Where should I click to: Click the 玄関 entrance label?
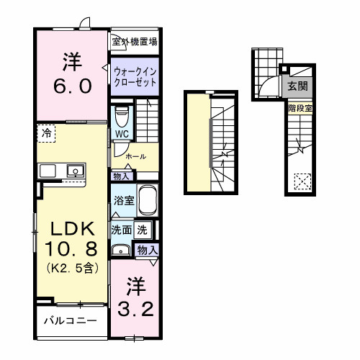coord(297,85)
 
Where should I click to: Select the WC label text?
coord(121,134)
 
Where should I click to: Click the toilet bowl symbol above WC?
coord(122,114)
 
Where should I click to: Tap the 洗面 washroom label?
coord(120,230)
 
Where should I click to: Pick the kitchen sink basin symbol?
coord(73,171)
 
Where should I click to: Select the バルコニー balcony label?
coord(68,319)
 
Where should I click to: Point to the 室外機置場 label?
coord(134,42)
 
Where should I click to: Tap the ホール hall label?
coord(136,156)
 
